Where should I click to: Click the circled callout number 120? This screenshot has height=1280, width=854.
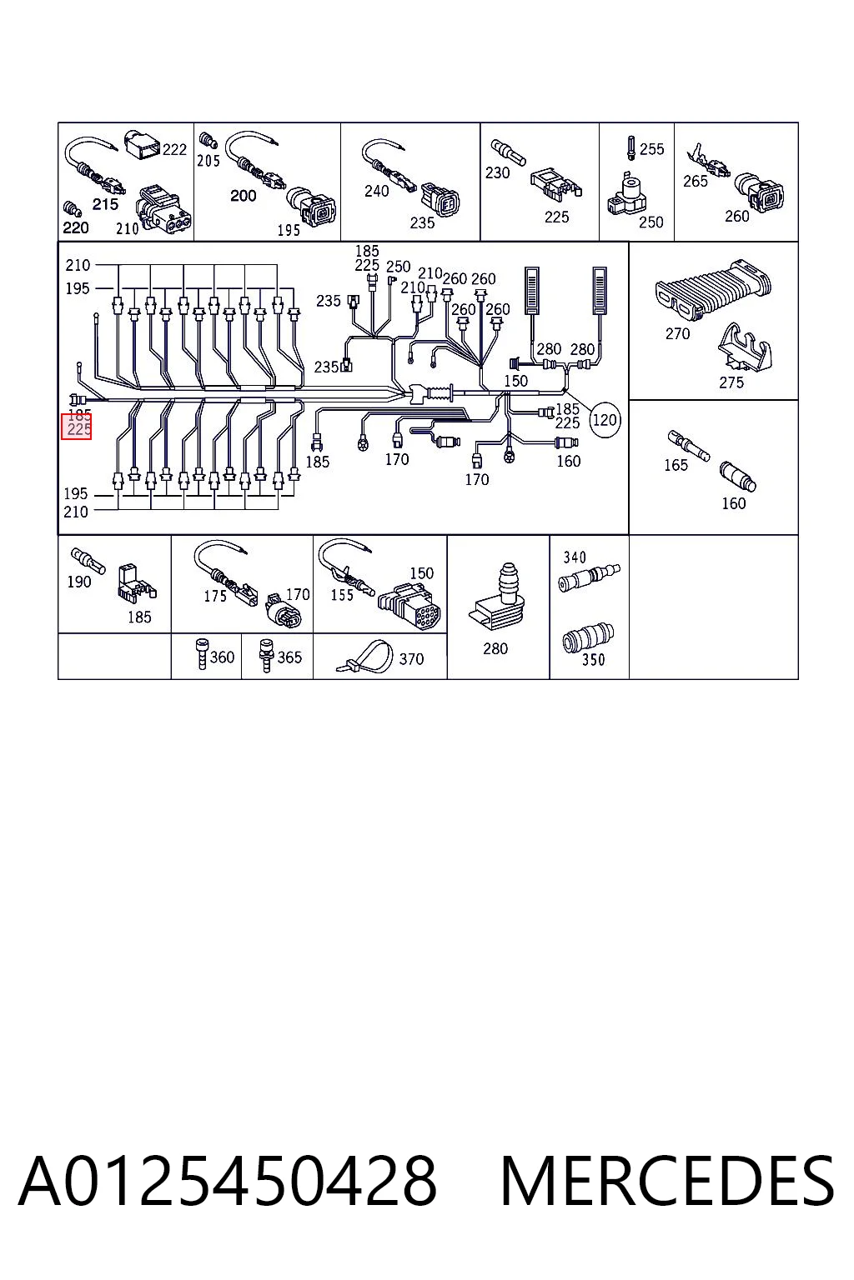tap(605, 420)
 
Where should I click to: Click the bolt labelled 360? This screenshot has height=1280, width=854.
tap(201, 653)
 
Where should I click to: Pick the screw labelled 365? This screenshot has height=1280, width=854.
tap(266, 655)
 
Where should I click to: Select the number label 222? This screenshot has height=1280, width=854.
tap(174, 150)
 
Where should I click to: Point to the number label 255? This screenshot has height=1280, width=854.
tap(651, 149)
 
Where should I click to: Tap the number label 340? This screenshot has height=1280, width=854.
tap(575, 557)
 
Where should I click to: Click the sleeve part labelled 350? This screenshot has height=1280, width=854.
tap(588, 637)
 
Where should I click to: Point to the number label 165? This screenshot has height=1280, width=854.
tap(676, 465)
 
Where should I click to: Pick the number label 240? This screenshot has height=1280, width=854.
tap(376, 191)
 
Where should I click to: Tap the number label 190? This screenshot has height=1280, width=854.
tap(79, 582)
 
